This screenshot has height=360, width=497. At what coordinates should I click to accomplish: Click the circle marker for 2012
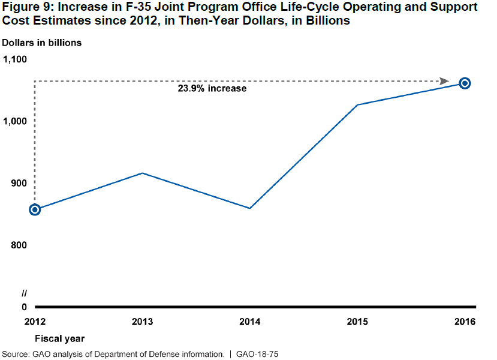pyautogui.click(x=35, y=209)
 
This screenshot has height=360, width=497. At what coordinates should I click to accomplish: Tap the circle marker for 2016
pyautogui.click(x=464, y=83)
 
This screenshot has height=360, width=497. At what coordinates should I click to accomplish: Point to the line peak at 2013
pyautogui.click(x=142, y=173)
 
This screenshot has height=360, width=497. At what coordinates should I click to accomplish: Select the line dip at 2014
pyautogui.click(x=249, y=208)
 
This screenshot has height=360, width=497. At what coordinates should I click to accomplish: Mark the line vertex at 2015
pyautogui.click(x=357, y=105)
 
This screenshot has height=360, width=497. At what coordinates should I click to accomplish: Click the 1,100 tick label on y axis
pyautogui.click(x=16, y=59)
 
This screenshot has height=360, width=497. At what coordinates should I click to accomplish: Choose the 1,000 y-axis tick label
pyautogui.click(x=16, y=121)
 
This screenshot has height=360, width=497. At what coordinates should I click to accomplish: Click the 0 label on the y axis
pyautogui.click(x=25, y=307)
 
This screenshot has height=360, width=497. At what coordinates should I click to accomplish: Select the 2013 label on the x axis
pyautogui.click(x=142, y=322)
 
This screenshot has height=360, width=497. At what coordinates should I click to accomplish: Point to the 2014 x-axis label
pyautogui.click(x=249, y=322)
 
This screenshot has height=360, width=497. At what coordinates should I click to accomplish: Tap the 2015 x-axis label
pyautogui.click(x=357, y=322)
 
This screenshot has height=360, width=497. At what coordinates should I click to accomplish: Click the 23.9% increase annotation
pyautogui.click(x=212, y=89)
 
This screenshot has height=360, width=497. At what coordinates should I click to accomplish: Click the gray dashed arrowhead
pyautogui.click(x=444, y=81)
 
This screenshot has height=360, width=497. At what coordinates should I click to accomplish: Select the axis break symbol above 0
pyautogui.click(x=25, y=293)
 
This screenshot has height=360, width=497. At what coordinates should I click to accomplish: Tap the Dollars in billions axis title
pyautogui.click(x=41, y=43)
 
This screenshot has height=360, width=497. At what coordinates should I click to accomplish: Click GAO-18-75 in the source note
pyautogui.click(x=257, y=354)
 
